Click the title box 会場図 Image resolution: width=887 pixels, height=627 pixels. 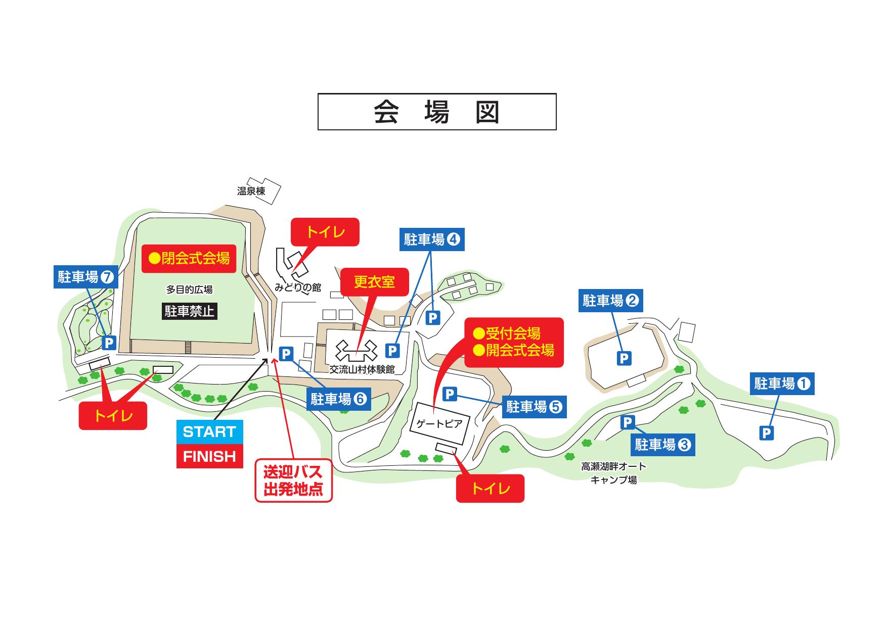click(437, 112)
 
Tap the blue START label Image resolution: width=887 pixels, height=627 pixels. click(209, 432)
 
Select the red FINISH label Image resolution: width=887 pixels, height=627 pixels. click(209, 457)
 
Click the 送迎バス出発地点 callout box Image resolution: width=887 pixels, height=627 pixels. click(293, 480)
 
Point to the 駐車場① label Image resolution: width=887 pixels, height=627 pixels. click(782, 384)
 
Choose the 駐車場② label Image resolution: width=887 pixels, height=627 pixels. click(610, 301)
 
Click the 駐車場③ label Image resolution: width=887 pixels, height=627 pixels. click(662, 445)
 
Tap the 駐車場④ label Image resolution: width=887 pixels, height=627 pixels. click(432, 239)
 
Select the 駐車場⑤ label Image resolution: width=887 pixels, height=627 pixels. click(534, 407)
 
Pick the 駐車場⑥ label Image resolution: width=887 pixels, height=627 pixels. click(338, 399)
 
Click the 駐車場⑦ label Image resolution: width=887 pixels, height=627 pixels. click(85, 277)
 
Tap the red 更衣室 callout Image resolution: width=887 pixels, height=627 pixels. click(374, 282)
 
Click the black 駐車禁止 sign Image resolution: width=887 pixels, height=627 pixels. click(190, 311)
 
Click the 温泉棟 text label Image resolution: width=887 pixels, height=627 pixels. click(251, 191)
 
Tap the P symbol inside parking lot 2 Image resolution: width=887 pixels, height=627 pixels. click(624, 358)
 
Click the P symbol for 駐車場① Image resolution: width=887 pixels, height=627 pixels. click(767, 432)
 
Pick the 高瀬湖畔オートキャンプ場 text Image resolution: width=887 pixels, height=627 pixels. click(613, 473)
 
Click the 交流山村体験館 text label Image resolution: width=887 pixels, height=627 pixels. click(362, 369)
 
